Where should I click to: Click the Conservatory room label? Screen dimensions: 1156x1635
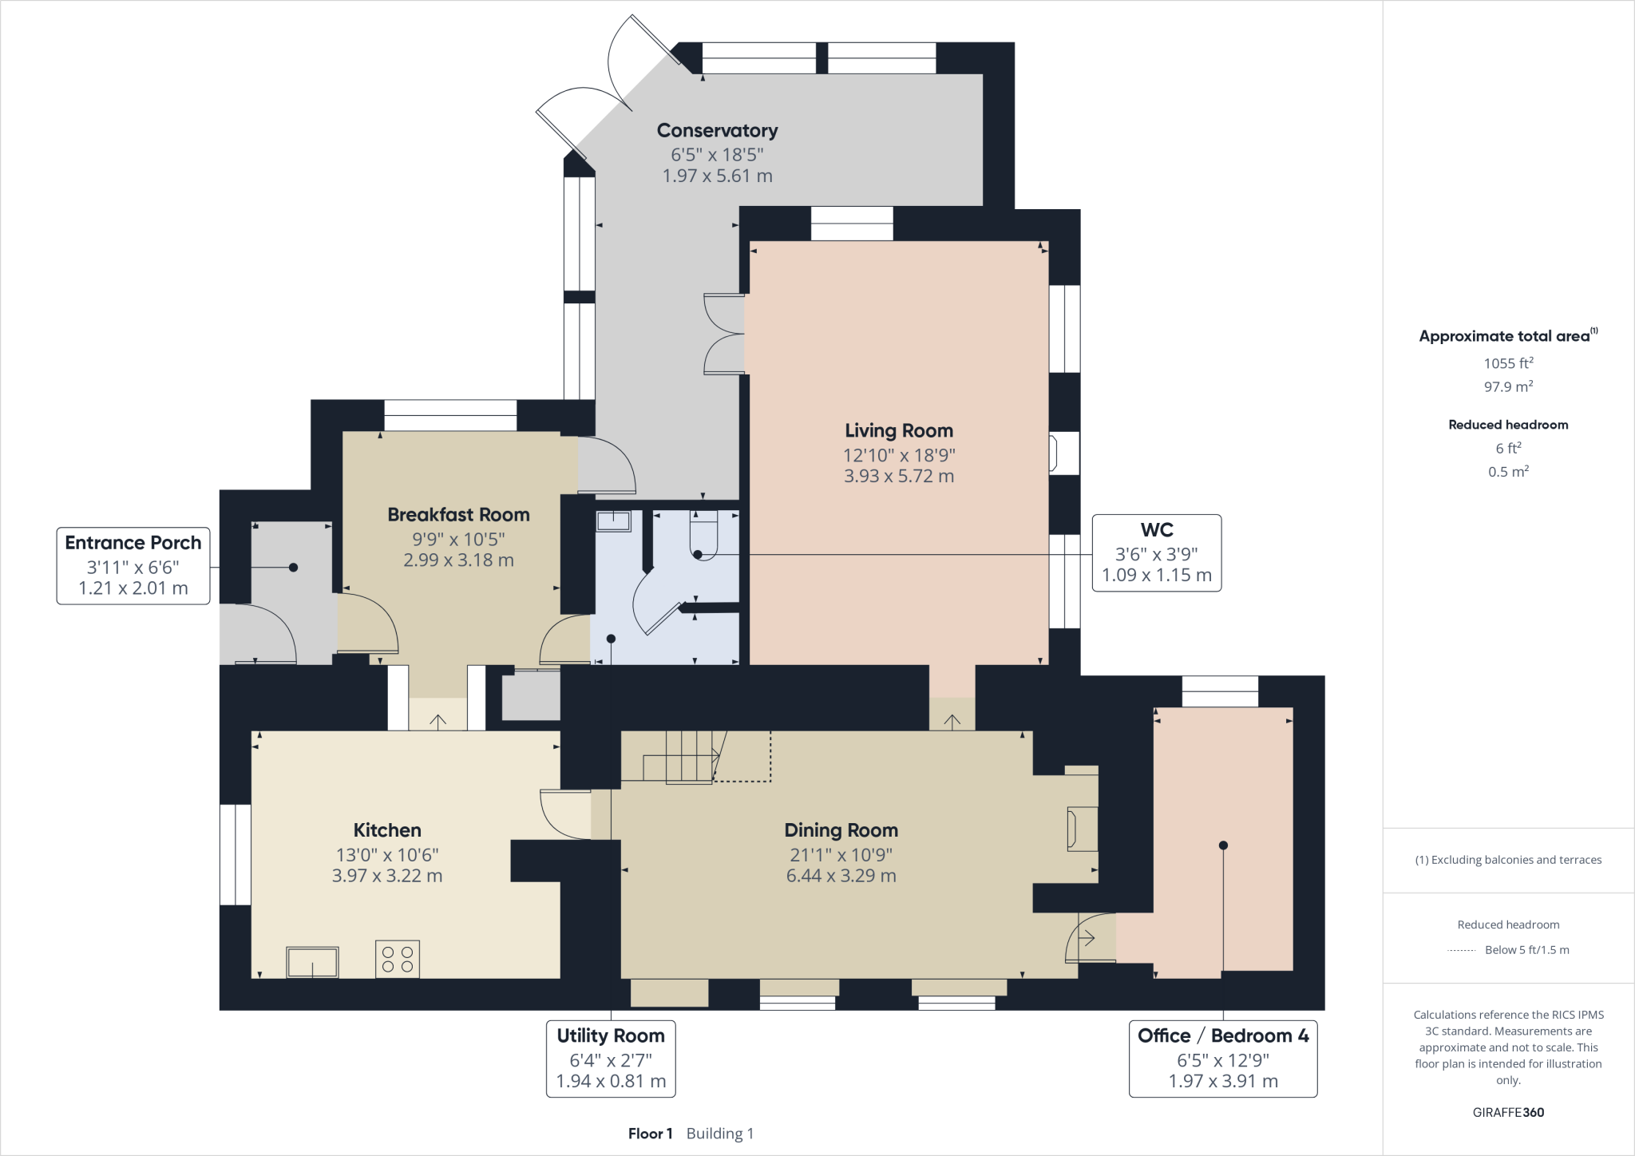pyautogui.click(x=717, y=130)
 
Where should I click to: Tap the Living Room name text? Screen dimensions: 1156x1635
pyautogui.click(x=899, y=430)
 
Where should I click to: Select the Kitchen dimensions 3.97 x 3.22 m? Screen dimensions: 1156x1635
pyautogui.click(x=387, y=876)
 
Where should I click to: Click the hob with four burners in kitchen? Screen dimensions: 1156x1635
pyautogui.click(x=398, y=959)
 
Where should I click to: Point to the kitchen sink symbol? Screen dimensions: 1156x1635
pyautogui.click(x=312, y=962)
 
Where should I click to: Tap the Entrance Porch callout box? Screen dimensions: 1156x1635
pyautogui.click(x=133, y=565)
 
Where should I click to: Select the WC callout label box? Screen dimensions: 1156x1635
pyautogui.click(x=1156, y=552)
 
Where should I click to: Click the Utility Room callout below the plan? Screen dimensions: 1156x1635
pyautogui.click(x=611, y=1058)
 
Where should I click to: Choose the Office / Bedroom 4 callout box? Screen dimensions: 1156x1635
pyautogui.click(x=1222, y=1058)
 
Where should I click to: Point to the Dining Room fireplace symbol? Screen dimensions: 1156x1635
pyautogui.click(x=1082, y=829)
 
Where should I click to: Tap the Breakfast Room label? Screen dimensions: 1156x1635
pyautogui.click(x=458, y=515)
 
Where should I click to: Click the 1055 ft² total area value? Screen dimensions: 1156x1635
pyautogui.click(x=1508, y=363)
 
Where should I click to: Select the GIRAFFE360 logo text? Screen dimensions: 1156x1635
pyautogui.click(x=1508, y=1112)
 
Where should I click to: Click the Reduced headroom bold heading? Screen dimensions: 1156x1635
pyautogui.click(x=1508, y=425)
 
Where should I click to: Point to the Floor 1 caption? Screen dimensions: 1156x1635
pyautogui.click(x=650, y=1134)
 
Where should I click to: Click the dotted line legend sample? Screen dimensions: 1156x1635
pyautogui.click(x=1461, y=950)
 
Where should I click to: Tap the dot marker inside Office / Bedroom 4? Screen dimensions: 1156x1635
pyautogui.click(x=1223, y=845)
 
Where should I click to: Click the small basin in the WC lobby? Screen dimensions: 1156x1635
pyautogui.click(x=613, y=521)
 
